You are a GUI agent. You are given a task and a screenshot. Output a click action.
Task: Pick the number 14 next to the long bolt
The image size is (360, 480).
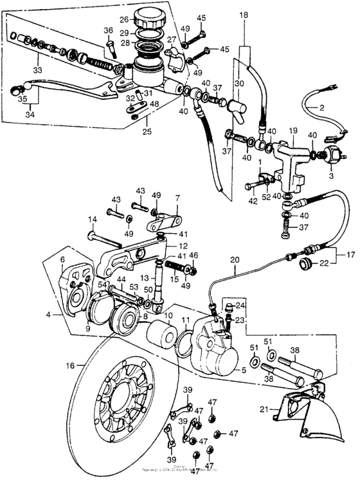[x=92, y=219]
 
